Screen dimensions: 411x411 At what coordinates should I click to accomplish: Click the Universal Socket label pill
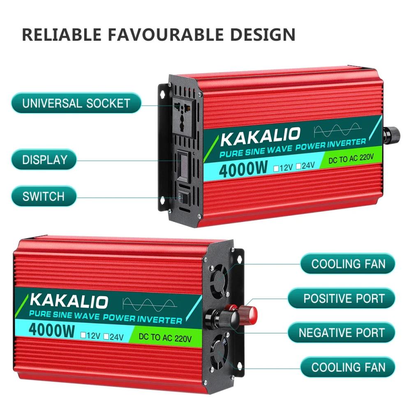tap(76, 103)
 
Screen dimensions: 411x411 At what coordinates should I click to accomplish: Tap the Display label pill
tap(44, 159)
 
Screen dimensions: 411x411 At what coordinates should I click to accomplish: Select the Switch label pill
tap(44, 196)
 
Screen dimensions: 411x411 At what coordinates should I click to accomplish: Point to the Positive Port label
tap(341, 298)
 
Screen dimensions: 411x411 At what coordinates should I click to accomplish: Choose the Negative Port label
tap(341, 332)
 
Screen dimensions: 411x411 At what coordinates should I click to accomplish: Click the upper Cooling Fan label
tap(348, 264)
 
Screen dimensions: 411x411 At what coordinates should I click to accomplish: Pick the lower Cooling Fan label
tap(348, 367)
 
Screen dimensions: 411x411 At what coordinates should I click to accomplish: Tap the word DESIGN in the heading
tap(263, 35)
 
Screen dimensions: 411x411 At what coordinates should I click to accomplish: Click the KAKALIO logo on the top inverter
tap(260, 136)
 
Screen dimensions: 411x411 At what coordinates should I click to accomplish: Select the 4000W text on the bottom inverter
tap(52, 330)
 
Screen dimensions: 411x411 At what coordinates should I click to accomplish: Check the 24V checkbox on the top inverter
tap(298, 166)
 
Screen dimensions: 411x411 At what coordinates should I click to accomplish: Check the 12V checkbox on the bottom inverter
tap(83, 335)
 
